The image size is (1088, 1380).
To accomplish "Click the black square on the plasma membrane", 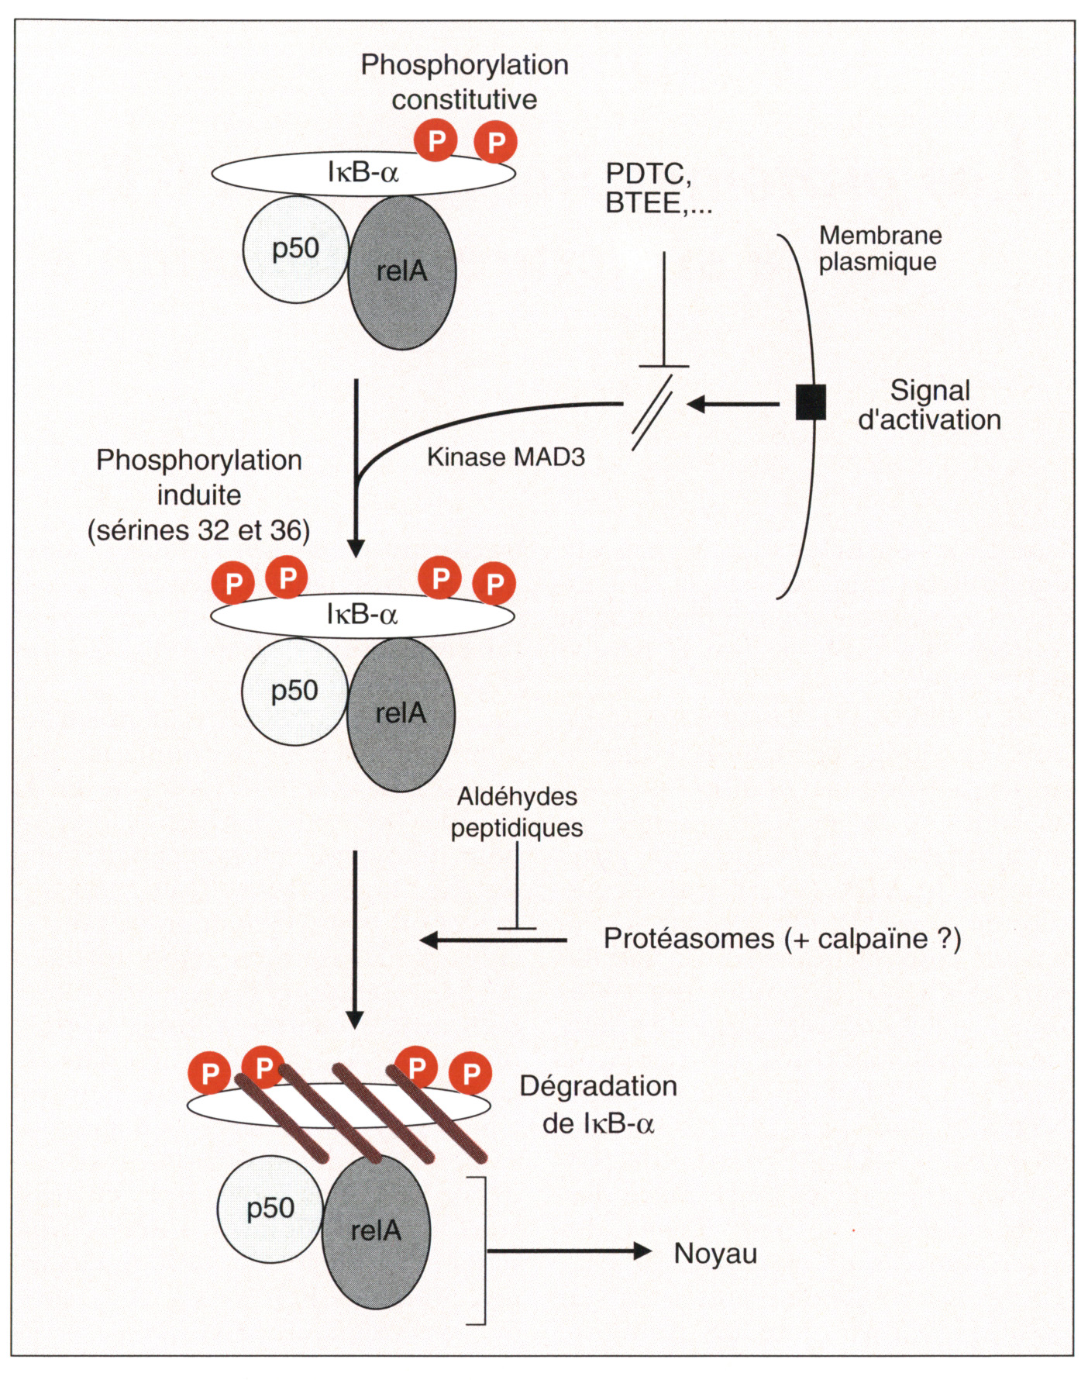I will pos(811,402).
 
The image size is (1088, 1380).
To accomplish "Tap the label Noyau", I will pos(714,1254).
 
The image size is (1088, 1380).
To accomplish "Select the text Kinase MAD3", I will pos(506,457).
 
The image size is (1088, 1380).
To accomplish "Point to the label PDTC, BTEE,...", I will pos(658,188).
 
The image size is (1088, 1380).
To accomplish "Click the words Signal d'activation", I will pos(929,405).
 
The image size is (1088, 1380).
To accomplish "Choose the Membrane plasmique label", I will pos(880,248).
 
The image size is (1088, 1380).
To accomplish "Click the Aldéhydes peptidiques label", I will pos(517,812).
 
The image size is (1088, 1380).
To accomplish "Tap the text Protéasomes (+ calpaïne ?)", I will pos(782,939).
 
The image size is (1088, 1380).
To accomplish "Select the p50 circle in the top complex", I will pos(295,250).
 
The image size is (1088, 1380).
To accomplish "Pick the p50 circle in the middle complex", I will pos(294,692).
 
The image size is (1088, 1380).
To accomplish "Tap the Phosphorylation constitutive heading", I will pos(464,81).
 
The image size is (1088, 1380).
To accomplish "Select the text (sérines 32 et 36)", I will pos(199,530).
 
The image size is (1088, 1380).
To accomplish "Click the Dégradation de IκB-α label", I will pos(598,1104).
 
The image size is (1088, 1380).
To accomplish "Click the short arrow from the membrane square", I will pos(732,403).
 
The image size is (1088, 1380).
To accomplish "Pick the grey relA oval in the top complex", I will pos(402,272).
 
